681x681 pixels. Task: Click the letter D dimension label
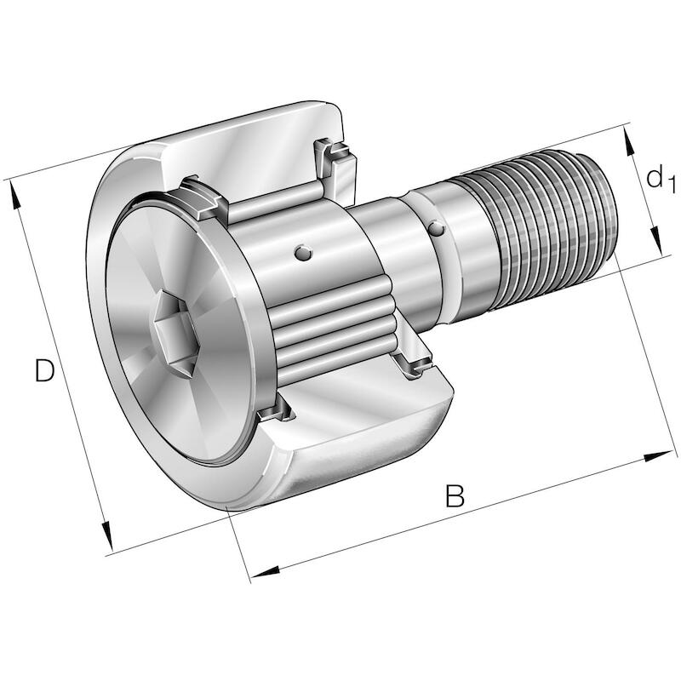tap(44, 370)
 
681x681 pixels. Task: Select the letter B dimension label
tap(455, 495)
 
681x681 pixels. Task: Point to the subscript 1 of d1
tap(672, 184)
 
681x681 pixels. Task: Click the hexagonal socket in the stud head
tap(178, 335)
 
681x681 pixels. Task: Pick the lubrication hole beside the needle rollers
tap(303, 253)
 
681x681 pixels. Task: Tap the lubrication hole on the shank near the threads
tap(436, 229)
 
